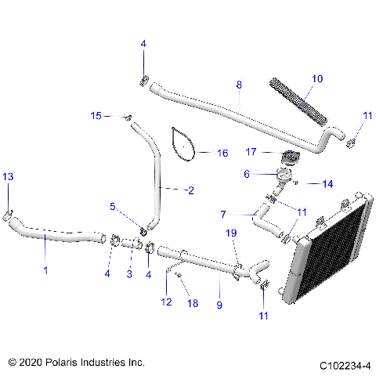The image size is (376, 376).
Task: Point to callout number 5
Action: [113, 207]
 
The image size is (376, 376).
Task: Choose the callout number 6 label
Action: [247, 174]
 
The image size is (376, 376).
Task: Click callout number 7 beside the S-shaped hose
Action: [224, 214]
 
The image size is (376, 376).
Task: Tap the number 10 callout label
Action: [316, 78]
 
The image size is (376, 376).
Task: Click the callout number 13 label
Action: [8, 178]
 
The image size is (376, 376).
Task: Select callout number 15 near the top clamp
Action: [96, 116]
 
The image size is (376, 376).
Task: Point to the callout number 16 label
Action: [222, 154]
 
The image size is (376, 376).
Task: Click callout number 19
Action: [231, 233]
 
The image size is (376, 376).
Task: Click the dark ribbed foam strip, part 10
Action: [296, 98]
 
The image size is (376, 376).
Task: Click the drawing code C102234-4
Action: [344, 364]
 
